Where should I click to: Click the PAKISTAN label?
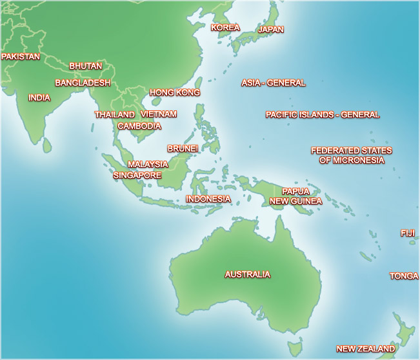coord(21,57)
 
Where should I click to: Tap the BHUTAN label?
coord(86,66)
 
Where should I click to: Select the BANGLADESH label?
coord(83,83)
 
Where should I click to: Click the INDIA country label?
coord(39,98)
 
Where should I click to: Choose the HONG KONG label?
coord(175,93)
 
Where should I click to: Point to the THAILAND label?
coord(115,115)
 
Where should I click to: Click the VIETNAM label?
coord(159,114)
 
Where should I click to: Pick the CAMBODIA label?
coord(139,126)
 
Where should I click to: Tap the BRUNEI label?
coord(183,148)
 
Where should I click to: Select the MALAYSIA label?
coord(148,165)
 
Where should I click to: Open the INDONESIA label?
coord(208,199)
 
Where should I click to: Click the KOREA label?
coord(226,28)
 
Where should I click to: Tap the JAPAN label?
coord(271,30)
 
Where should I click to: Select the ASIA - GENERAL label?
coord(274,83)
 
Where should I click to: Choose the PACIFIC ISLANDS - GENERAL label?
coord(323,115)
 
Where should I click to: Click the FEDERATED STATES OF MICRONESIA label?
coord(352,155)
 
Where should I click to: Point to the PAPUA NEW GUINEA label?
coord(295,196)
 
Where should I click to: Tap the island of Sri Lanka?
coord(47,146)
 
